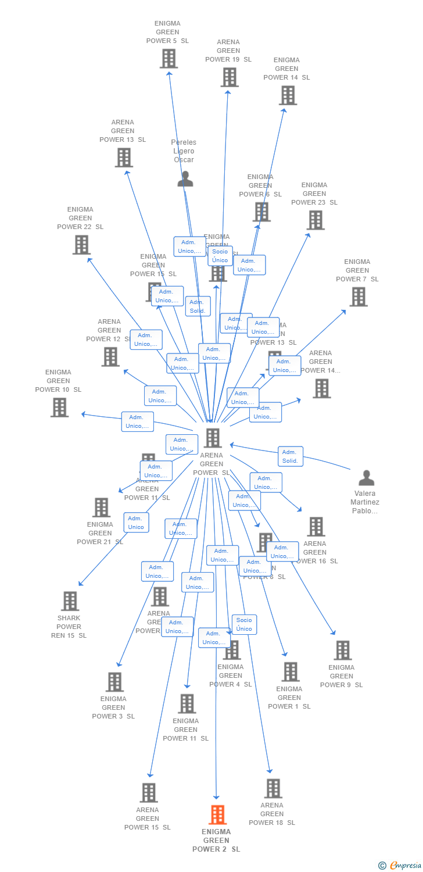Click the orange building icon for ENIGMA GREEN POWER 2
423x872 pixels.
217,815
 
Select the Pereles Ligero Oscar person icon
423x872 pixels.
185,179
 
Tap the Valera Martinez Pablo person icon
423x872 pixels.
366,478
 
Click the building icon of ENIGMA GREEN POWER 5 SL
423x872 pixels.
169,59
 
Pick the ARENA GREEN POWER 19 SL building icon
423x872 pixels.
230,77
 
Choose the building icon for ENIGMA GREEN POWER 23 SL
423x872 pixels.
316,220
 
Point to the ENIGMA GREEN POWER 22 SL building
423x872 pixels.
81,245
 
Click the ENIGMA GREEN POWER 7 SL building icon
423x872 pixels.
358,297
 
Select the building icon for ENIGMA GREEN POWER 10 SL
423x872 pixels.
59,408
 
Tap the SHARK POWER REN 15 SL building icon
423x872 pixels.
70,601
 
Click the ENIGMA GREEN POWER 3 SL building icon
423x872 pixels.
114,682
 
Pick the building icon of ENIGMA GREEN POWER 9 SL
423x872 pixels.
342,651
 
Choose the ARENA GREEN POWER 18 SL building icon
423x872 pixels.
273,788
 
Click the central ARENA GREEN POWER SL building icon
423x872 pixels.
213,438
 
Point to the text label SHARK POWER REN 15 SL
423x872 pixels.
69,627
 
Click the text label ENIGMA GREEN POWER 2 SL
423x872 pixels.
216,841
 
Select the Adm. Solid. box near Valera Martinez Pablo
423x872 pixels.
290,456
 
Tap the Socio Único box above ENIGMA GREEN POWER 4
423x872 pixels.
244,624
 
